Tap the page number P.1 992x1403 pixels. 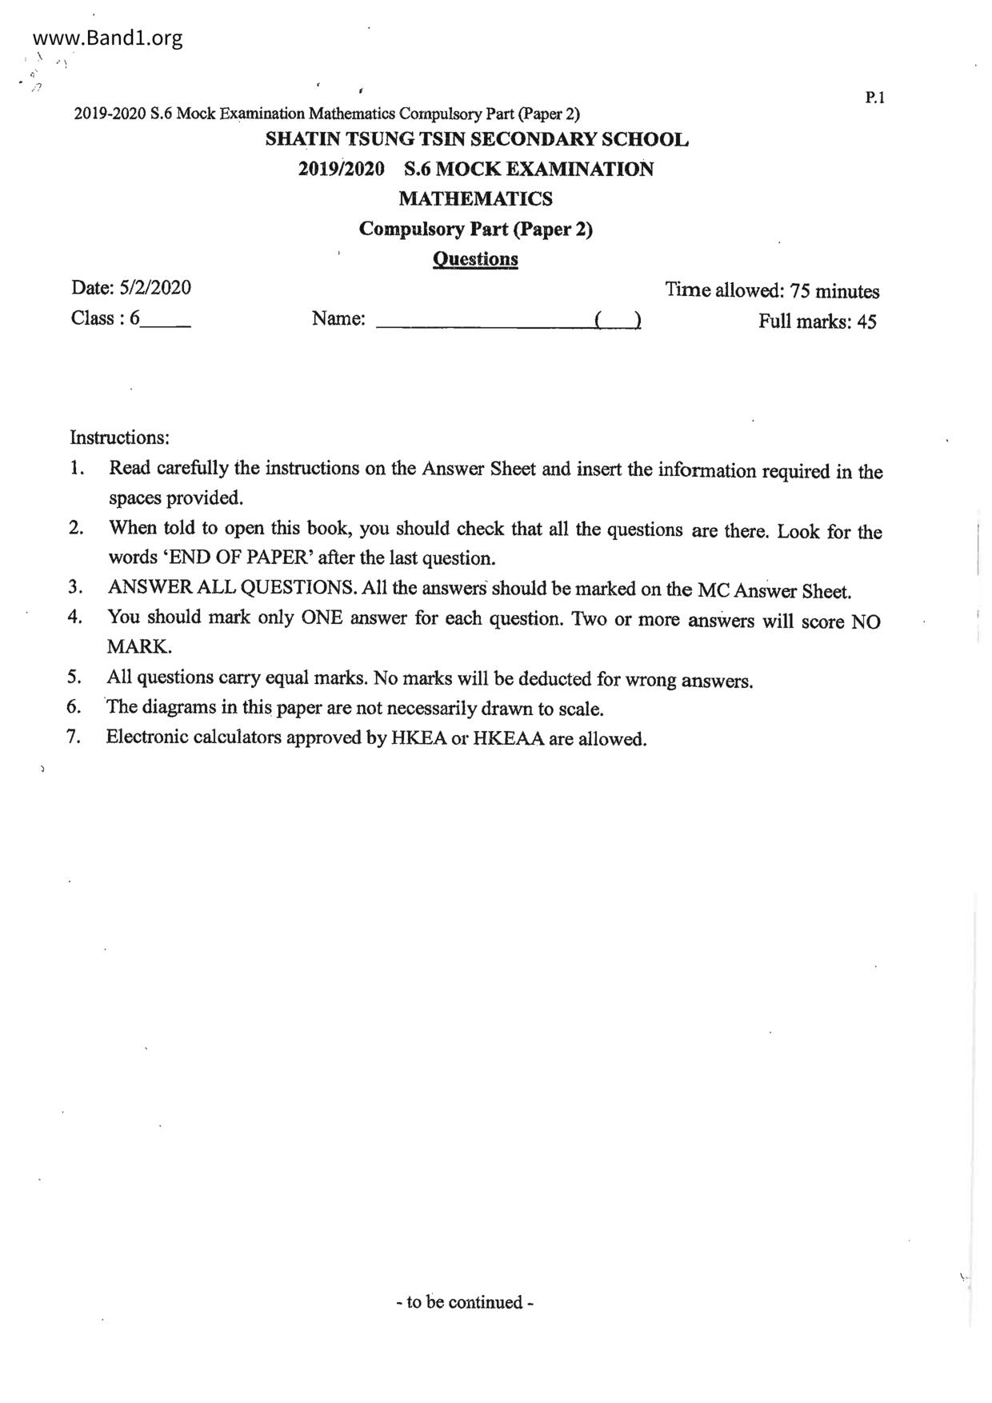point(874,98)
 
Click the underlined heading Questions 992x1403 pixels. point(475,259)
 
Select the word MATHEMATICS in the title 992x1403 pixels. point(475,198)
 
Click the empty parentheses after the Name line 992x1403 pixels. point(617,322)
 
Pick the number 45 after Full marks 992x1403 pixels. point(866,322)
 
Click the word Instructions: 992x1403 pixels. point(120,438)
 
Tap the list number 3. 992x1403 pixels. point(75,587)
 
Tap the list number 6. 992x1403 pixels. point(74,707)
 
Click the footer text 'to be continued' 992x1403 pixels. point(464,1303)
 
